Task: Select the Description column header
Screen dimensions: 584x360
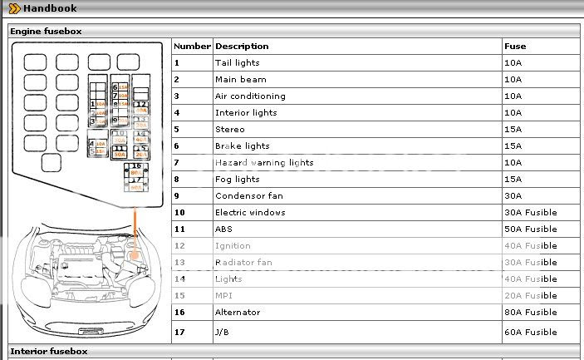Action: [242, 47]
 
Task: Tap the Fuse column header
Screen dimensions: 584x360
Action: [515, 47]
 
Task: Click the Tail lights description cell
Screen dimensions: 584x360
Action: [237, 63]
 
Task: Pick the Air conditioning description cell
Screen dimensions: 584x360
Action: [249, 96]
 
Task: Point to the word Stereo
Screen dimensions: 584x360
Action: [229, 130]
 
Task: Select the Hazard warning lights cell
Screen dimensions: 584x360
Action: [264, 163]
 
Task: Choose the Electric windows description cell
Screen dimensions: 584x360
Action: [249, 213]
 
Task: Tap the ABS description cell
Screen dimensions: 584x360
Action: [224, 229]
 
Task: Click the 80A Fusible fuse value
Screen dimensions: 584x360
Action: [530, 313]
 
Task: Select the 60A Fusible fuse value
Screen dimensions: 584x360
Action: [530, 333]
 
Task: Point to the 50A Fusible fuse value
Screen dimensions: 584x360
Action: [530, 229]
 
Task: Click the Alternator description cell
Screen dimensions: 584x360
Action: [238, 313]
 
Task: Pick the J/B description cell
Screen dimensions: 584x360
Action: [223, 333]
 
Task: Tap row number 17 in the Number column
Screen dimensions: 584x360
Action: [179, 333]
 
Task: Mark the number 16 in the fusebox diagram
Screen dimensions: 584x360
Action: [135, 166]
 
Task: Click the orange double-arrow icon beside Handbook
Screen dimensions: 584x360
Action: [14, 8]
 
